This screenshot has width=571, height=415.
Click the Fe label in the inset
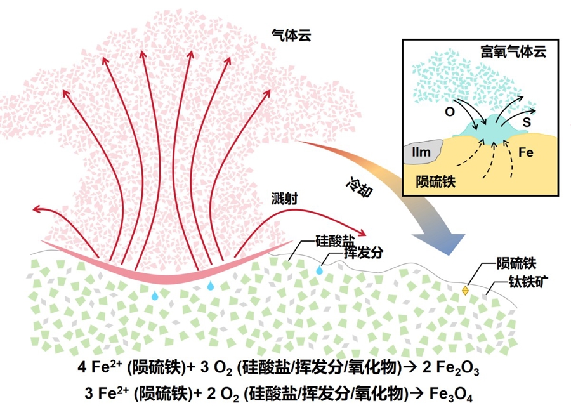pos(525,153)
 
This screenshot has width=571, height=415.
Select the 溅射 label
pos(281,199)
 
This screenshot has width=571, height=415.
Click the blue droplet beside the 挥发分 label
pos(320,270)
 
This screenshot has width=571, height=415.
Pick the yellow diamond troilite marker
pos(465,290)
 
